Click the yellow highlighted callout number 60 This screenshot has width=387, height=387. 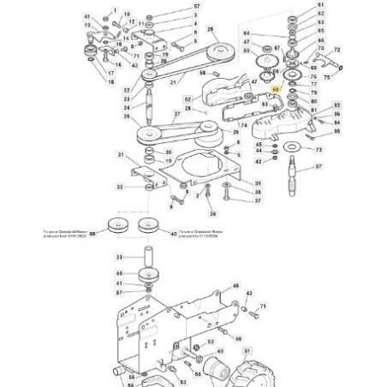coord(275,88)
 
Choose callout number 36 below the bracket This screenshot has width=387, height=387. coord(213,213)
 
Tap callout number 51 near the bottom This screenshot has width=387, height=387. coord(248,350)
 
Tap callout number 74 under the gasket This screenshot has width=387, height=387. coord(243,125)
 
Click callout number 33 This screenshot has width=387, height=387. coord(119,256)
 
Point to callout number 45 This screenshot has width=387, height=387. coord(258,145)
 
